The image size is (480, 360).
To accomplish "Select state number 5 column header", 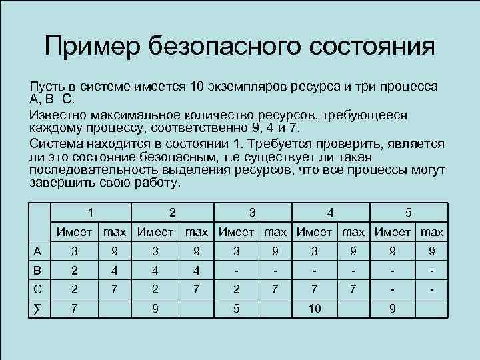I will pos(409,213).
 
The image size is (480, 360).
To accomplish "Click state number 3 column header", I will pos(251,213).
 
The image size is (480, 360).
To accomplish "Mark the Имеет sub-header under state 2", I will pos(156,233).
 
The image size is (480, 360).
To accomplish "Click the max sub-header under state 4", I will pos(354,233).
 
